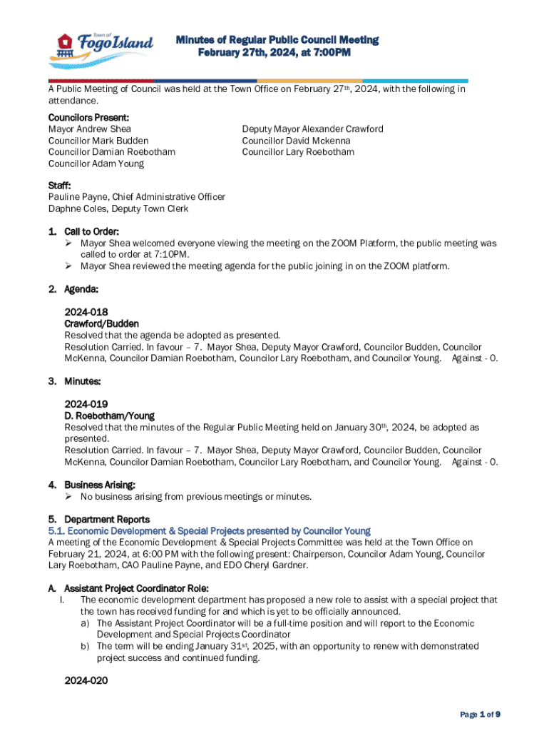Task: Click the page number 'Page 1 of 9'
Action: [480, 714]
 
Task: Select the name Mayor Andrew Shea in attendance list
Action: [89, 129]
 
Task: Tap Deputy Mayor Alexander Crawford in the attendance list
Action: [312, 129]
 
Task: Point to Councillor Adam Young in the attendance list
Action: [96, 163]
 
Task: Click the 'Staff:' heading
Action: [59, 186]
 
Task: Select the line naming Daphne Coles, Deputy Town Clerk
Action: [118, 208]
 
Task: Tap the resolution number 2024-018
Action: [86, 313]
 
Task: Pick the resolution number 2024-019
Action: [86, 404]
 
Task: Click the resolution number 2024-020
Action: [86, 681]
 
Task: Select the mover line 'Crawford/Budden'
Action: [101, 324]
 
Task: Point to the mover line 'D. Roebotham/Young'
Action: [109, 415]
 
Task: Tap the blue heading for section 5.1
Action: [209, 531]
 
